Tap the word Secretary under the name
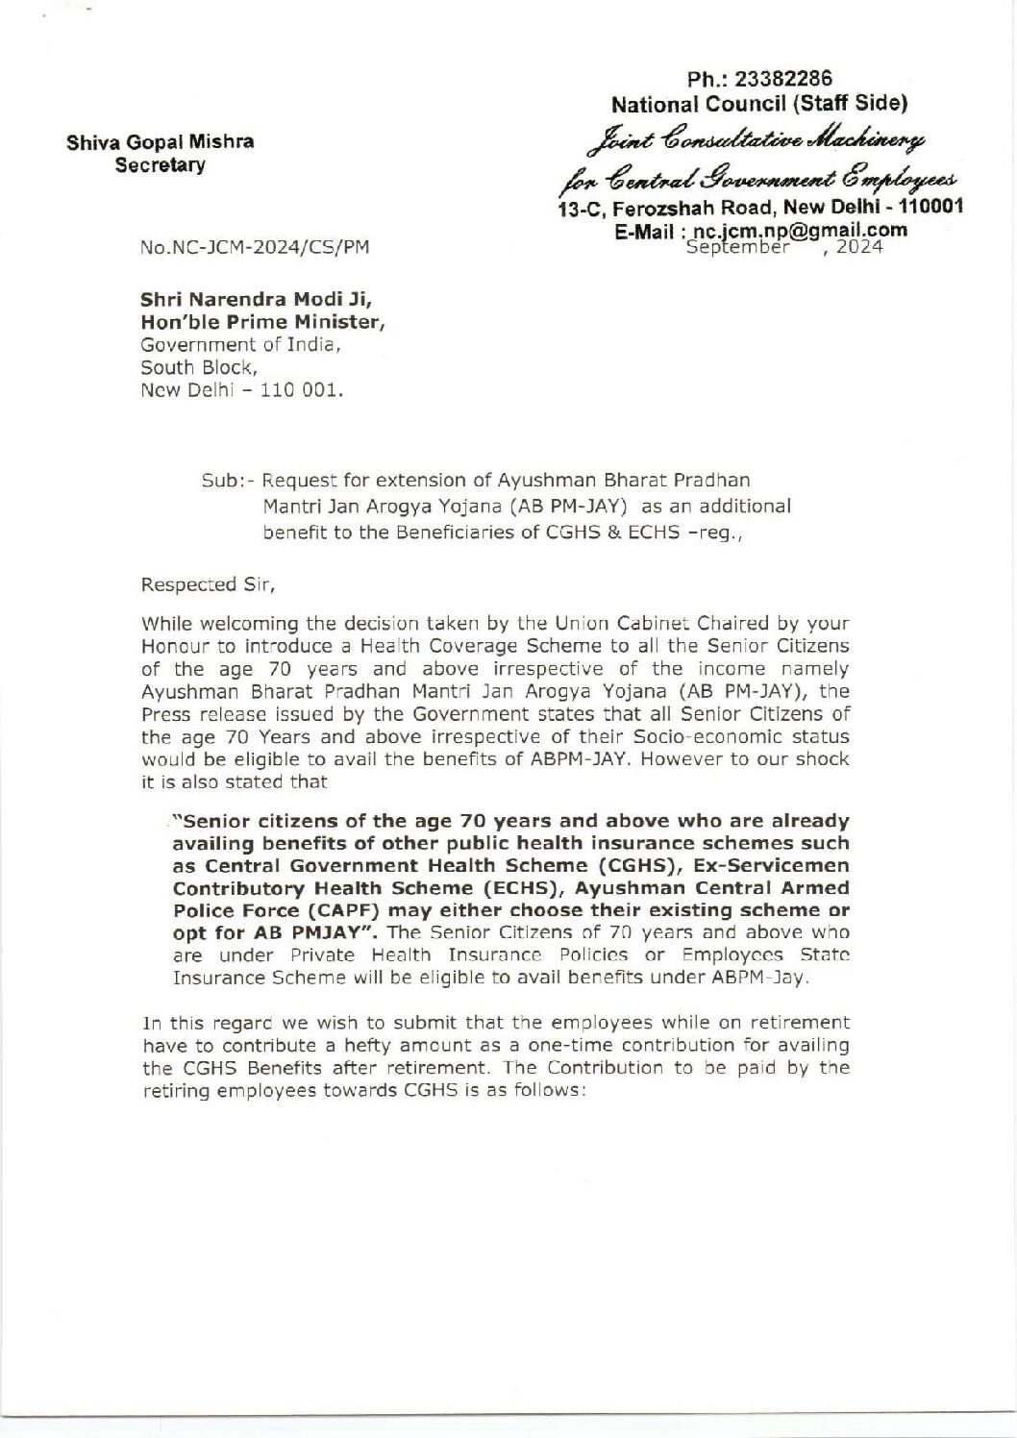(161, 165)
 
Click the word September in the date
(740, 246)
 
